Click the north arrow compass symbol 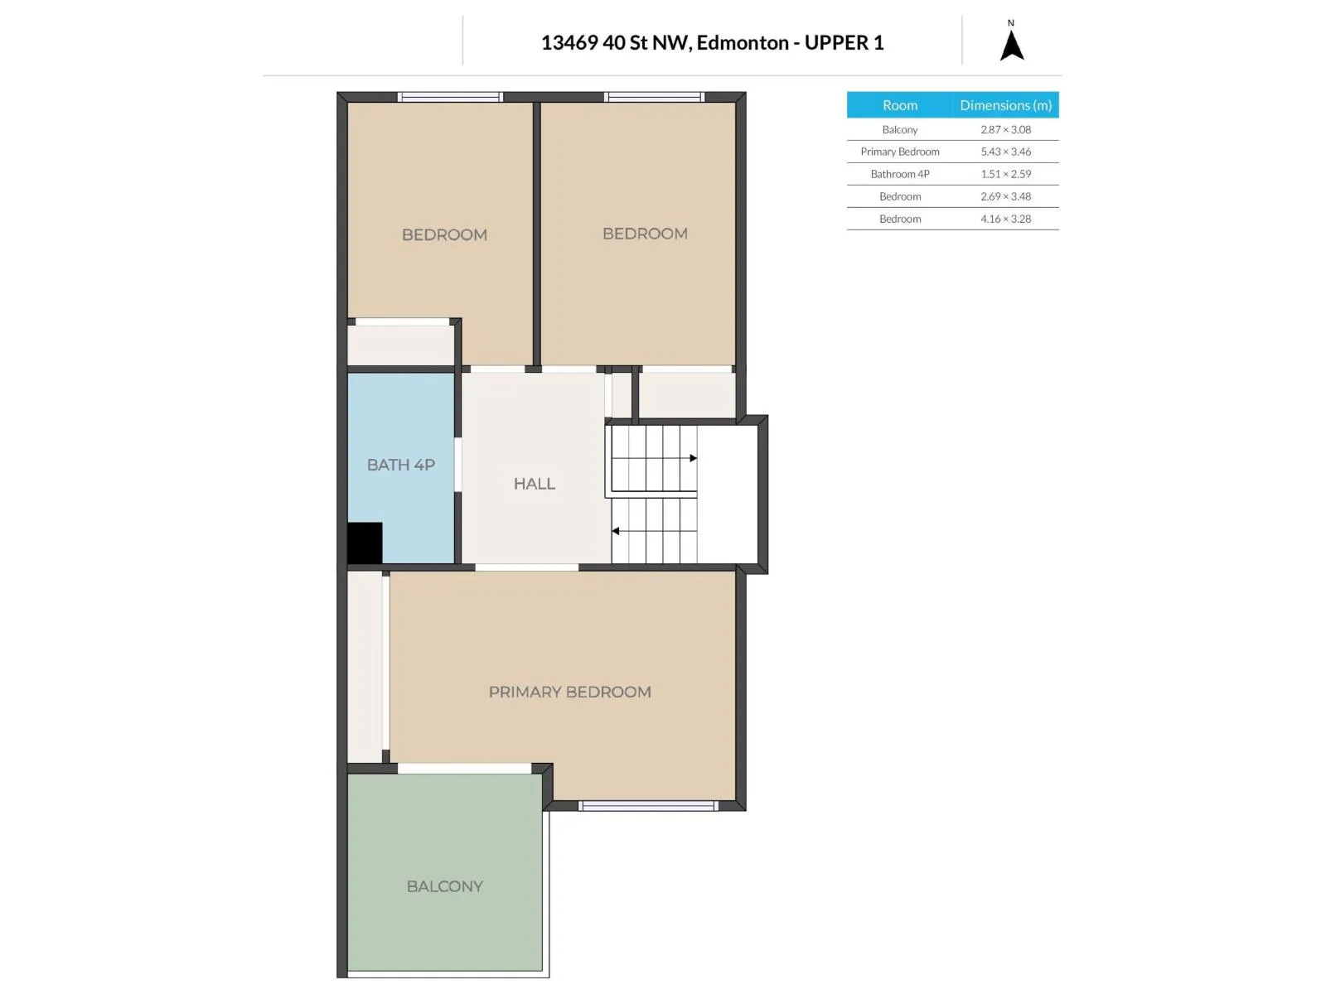click(x=1011, y=45)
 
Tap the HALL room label click(x=534, y=484)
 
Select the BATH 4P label click(x=400, y=465)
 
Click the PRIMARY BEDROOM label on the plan click(x=569, y=692)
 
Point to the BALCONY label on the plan click(x=444, y=886)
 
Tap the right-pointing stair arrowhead click(x=694, y=458)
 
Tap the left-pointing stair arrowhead click(x=615, y=531)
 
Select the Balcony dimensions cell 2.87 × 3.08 click(x=1005, y=129)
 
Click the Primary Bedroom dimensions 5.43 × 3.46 click(x=1005, y=152)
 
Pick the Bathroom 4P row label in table click(x=899, y=174)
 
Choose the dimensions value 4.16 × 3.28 click(x=1005, y=219)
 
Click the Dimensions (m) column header click(x=1005, y=105)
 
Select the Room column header click(x=899, y=105)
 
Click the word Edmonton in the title click(x=743, y=42)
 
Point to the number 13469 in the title click(x=569, y=42)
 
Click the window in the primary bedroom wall click(x=648, y=806)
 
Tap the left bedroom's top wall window click(x=450, y=97)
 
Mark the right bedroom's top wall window click(x=654, y=97)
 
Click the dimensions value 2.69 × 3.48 click(x=1005, y=196)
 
